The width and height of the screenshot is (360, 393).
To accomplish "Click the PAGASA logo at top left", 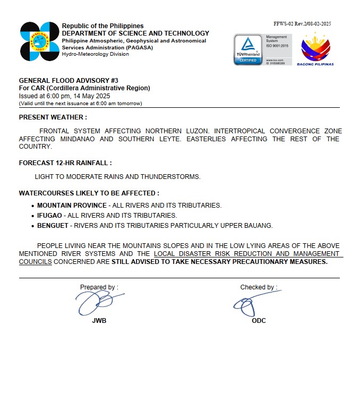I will pyautogui.click(x=39, y=41).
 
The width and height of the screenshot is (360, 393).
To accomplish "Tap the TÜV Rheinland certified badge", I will pyautogui.click(x=248, y=49).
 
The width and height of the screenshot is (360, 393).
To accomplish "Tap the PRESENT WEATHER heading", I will pyautogui.click(x=53, y=117).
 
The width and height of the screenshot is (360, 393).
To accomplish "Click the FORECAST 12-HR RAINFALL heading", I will pyautogui.click(x=65, y=163).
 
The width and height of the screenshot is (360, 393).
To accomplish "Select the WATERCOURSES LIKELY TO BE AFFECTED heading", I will pyautogui.click(x=89, y=193).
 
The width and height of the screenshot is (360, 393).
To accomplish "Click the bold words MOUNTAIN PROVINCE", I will pyautogui.click(x=72, y=206).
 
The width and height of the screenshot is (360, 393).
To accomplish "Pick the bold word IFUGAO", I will pyautogui.click(x=50, y=216).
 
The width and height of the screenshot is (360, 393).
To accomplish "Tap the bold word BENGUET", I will pyautogui.click(x=53, y=226).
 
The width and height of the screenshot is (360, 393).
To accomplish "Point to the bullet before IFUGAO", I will pyautogui.click(x=33, y=216).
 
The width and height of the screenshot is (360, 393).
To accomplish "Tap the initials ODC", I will pyautogui.click(x=259, y=321).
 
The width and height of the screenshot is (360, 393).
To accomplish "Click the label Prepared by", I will pyautogui.click(x=99, y=287).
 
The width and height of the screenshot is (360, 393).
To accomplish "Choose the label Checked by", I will pyautogui.click(x=259, y=287).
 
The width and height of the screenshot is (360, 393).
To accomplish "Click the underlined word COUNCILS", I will pyautogui.click(x=36, y=262).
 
